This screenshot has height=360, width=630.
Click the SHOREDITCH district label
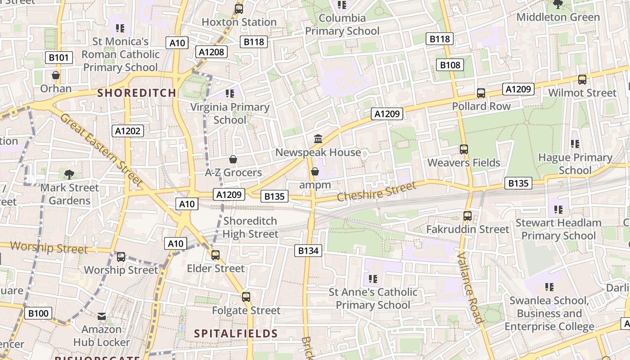[x=137, y=93]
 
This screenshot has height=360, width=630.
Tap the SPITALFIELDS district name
[x=236, y=333]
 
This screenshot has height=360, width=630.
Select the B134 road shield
[x=308, y=251]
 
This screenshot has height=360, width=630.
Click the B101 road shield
[x=59, y=58]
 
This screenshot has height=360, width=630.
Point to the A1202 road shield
[x=128, y=131]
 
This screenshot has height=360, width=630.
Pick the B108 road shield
[x=450, y=65]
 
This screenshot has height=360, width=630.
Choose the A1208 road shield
[x=211, y=52]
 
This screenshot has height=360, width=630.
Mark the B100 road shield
[x=38, y=313]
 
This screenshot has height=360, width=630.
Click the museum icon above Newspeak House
[x=318, y=139]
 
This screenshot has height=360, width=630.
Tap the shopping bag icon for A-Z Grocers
[x=233, y=159]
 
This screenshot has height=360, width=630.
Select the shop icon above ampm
[x=315, y=171]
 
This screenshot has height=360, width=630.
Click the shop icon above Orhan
[x=56, y=75]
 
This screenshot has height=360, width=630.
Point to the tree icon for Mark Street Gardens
[x=69, y=174]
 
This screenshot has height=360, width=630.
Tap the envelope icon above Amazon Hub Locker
[x=102, y=316]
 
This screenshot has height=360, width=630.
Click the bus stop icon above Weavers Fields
[x=464, y=149]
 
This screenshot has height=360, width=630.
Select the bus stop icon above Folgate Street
[x=246, y=297]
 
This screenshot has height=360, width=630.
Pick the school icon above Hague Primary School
[x=575, y=144]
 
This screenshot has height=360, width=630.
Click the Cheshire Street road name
[x=376, y=192]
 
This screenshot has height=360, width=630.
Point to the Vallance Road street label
[x=470, y=288]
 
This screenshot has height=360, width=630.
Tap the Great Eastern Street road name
[x=101, y=149]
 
